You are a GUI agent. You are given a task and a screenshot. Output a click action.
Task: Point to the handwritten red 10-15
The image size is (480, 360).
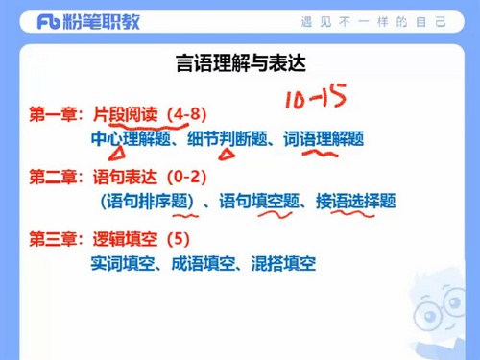[x=312, y=96]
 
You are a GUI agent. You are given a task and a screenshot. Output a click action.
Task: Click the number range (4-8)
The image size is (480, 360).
[x=186, y=114]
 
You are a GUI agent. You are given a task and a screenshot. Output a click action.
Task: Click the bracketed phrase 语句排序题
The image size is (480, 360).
[x=145, y=202]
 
